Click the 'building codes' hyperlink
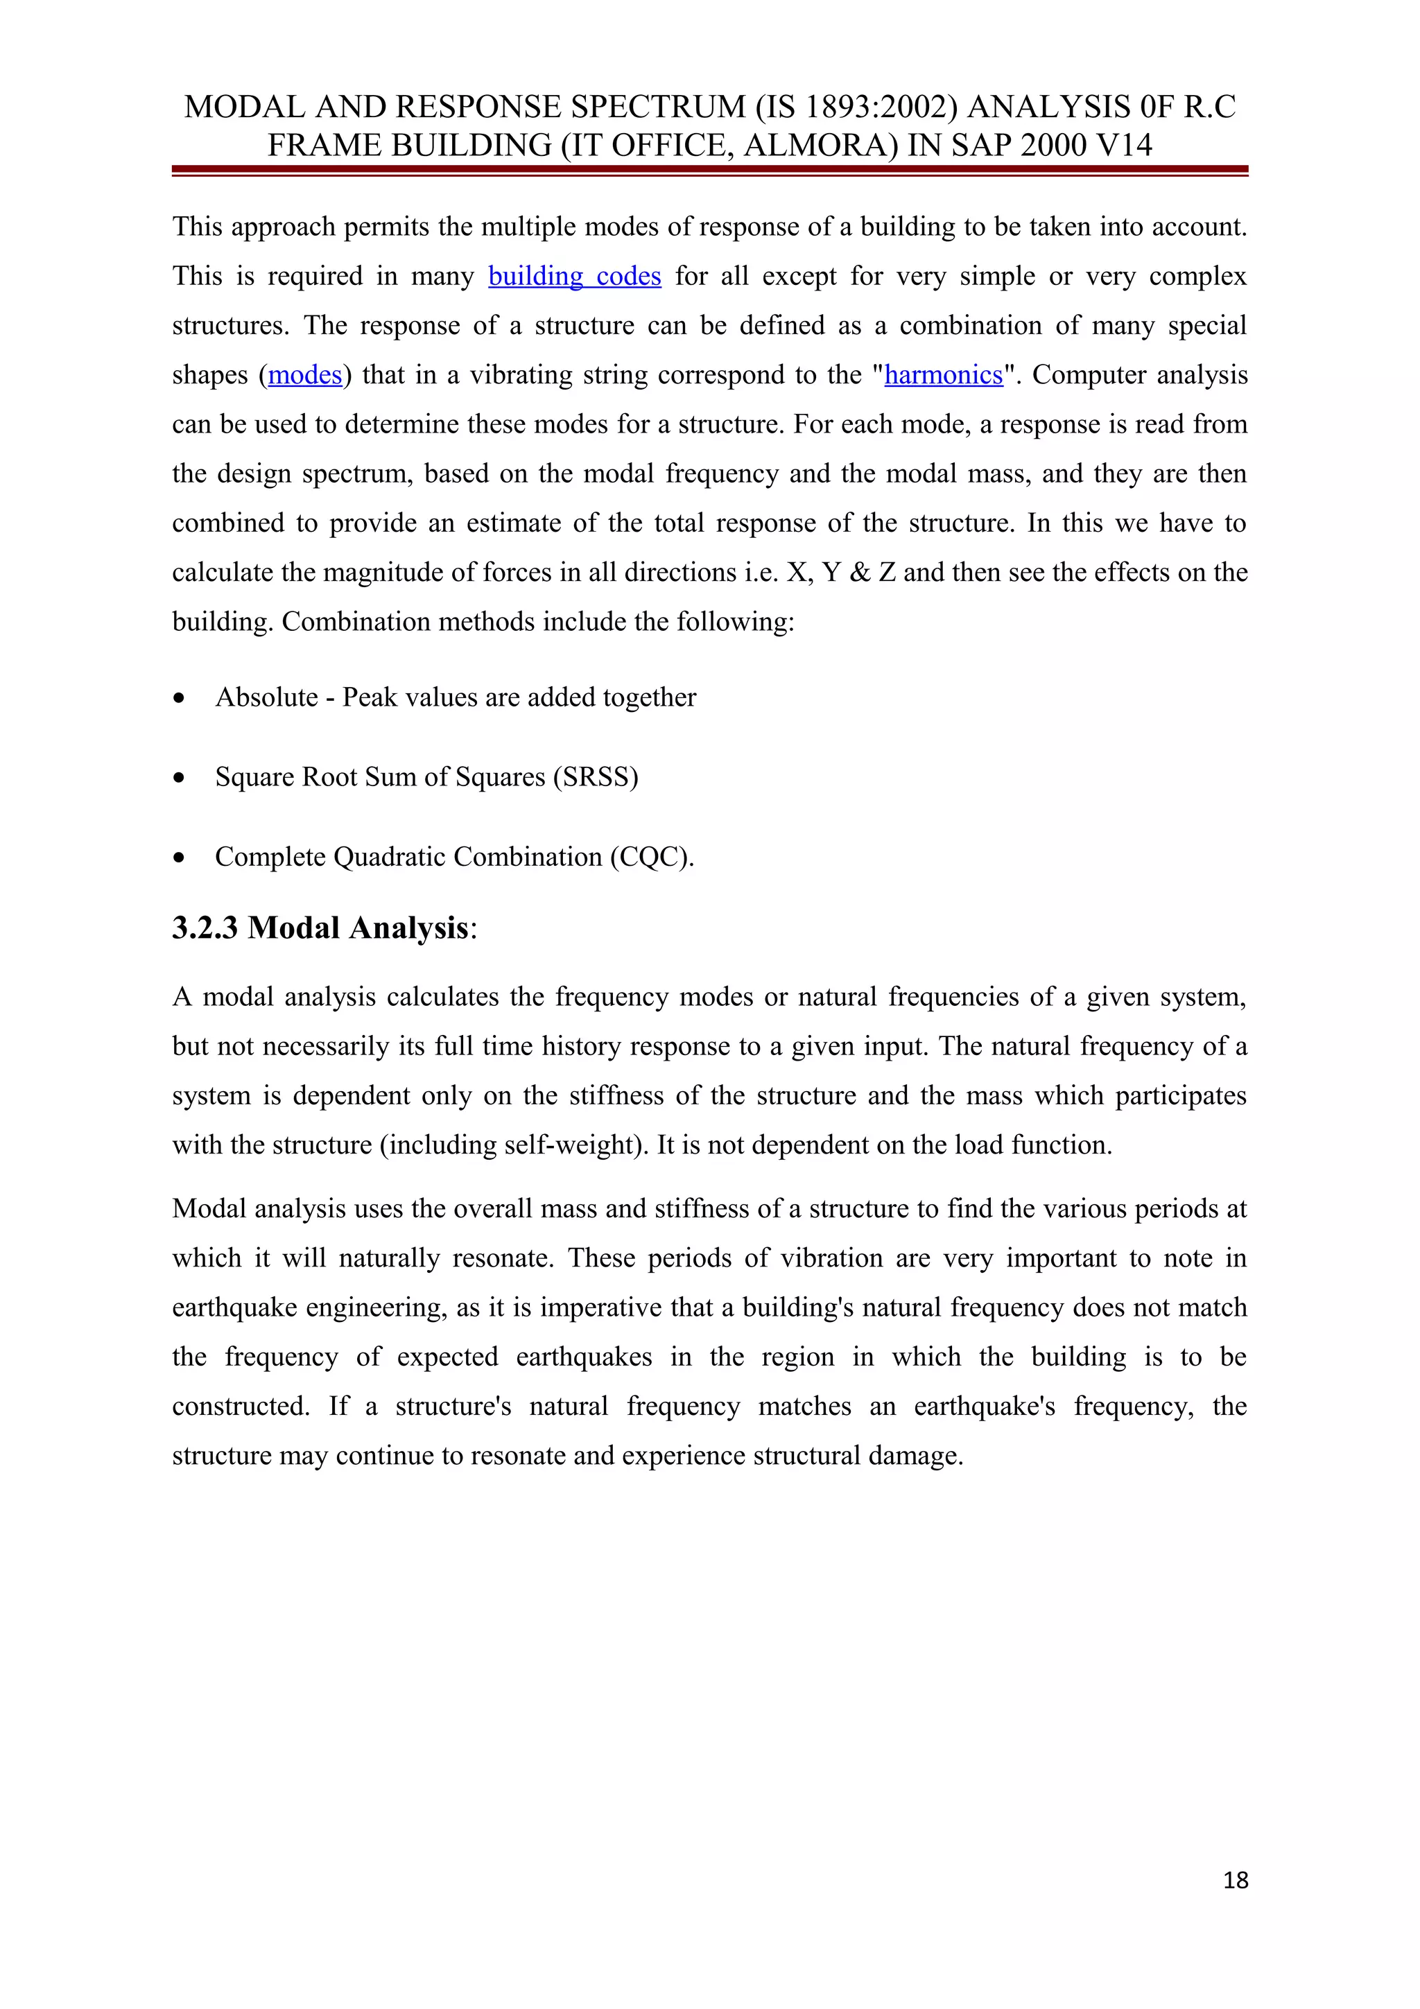[x=574, y=277]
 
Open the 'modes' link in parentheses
[x=304, y=375]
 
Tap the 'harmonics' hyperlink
[x=943, y=375]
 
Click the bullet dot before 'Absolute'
[x=180, y=698]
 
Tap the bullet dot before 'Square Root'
[x=180, y=778]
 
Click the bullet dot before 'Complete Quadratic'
[x=180, y=858]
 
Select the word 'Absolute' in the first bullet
[x=267, y=697]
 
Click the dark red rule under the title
[x=709, y=170]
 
